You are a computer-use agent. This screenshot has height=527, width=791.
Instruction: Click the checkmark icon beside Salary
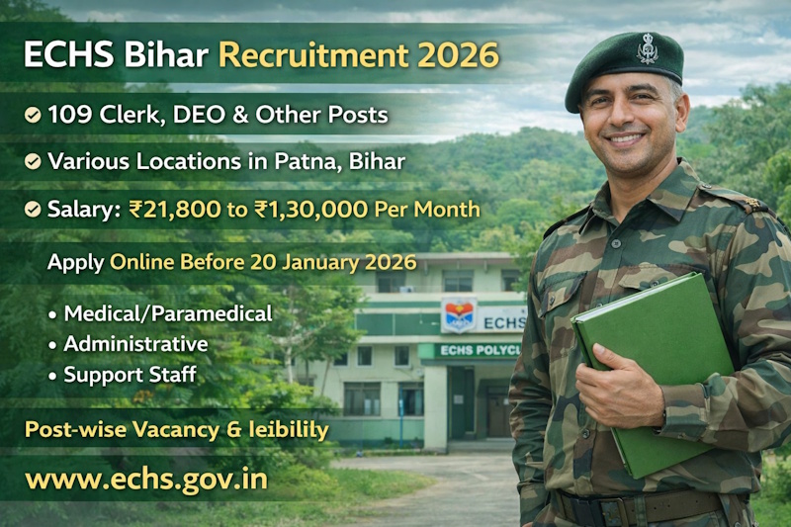tap(33, 210)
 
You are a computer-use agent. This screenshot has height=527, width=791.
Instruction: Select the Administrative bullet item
tap(135, 344)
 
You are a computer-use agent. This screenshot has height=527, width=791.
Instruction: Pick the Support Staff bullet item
tap(130, 375)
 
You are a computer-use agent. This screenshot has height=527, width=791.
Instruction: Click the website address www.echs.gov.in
tap(146, 480)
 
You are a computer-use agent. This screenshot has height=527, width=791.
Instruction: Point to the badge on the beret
tap(648, 48)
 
